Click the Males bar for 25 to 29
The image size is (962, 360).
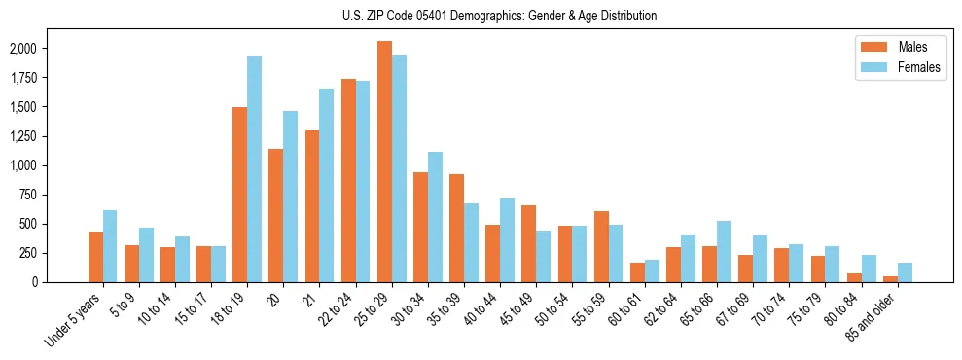point(384,162)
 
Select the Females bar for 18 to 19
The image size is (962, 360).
point(254,169)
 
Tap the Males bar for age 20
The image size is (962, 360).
point(276,215)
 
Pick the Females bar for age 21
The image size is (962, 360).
point(326,185)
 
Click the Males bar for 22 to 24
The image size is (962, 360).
point(348,180)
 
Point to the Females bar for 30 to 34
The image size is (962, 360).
point(435,217)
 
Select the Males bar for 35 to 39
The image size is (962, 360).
point(456,228)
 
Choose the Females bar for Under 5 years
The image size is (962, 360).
point(110,246)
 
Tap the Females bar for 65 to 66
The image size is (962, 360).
point(724,251)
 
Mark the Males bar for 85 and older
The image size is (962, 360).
point(890,279)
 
